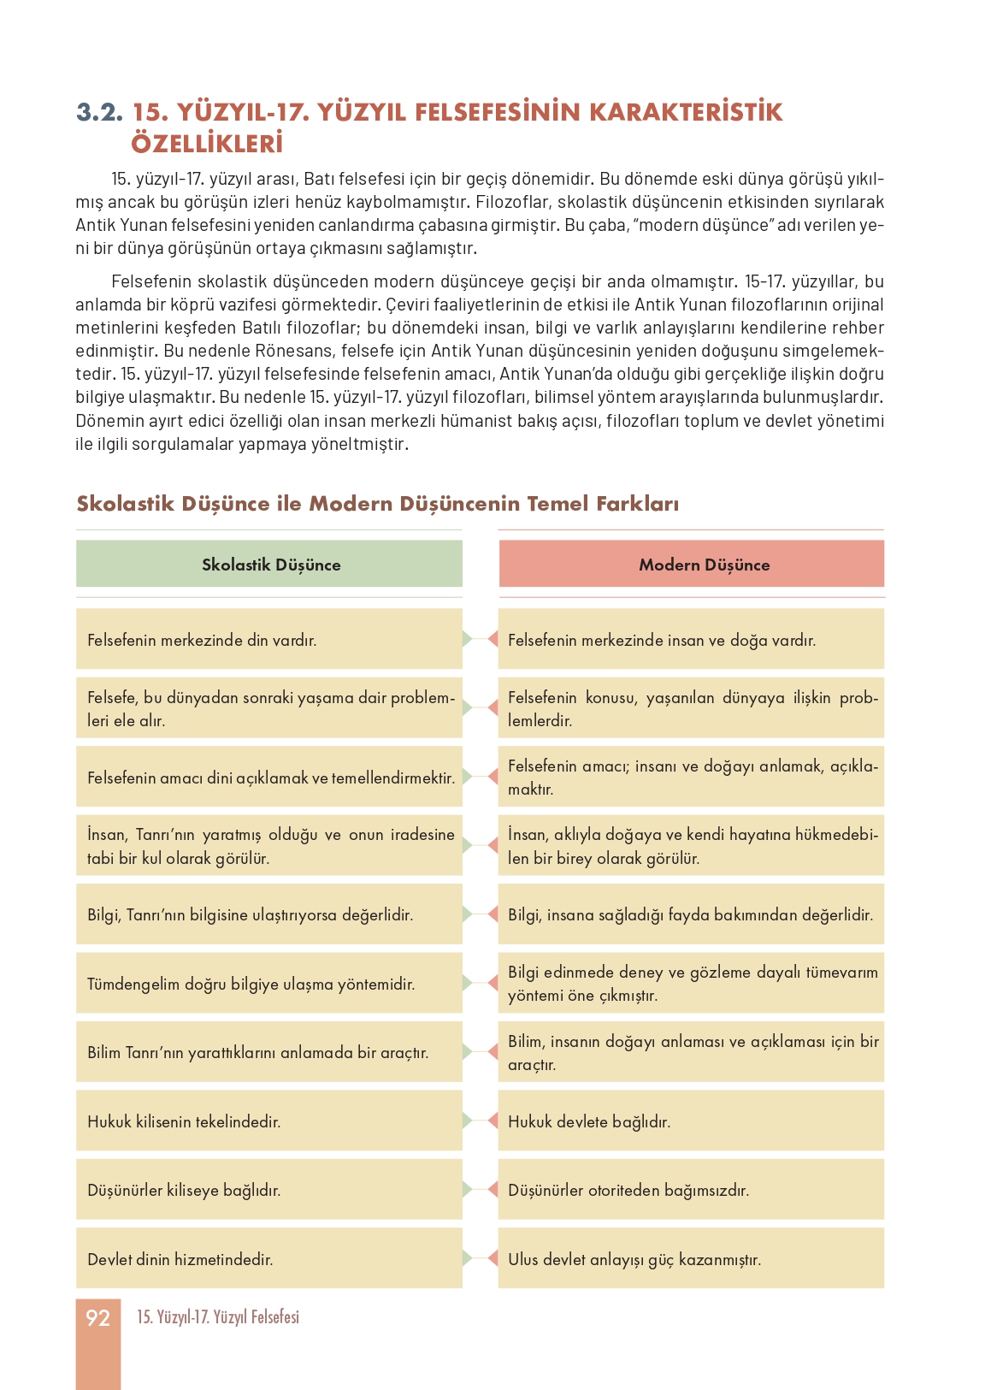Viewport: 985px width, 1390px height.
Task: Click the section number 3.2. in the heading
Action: (100, 113)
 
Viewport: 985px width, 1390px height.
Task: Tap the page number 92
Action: (98, 1318)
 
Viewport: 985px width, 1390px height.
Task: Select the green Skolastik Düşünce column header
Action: (269, 565)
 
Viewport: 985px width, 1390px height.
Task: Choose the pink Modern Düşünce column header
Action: (692, 565)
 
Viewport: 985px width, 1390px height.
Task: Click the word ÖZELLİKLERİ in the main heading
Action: (207, 144)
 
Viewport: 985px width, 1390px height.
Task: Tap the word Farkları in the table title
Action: (636, 504)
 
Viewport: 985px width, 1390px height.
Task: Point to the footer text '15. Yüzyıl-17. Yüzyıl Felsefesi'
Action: (218, 1317)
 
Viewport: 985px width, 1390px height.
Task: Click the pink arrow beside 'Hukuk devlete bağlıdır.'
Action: (492, 1121)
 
